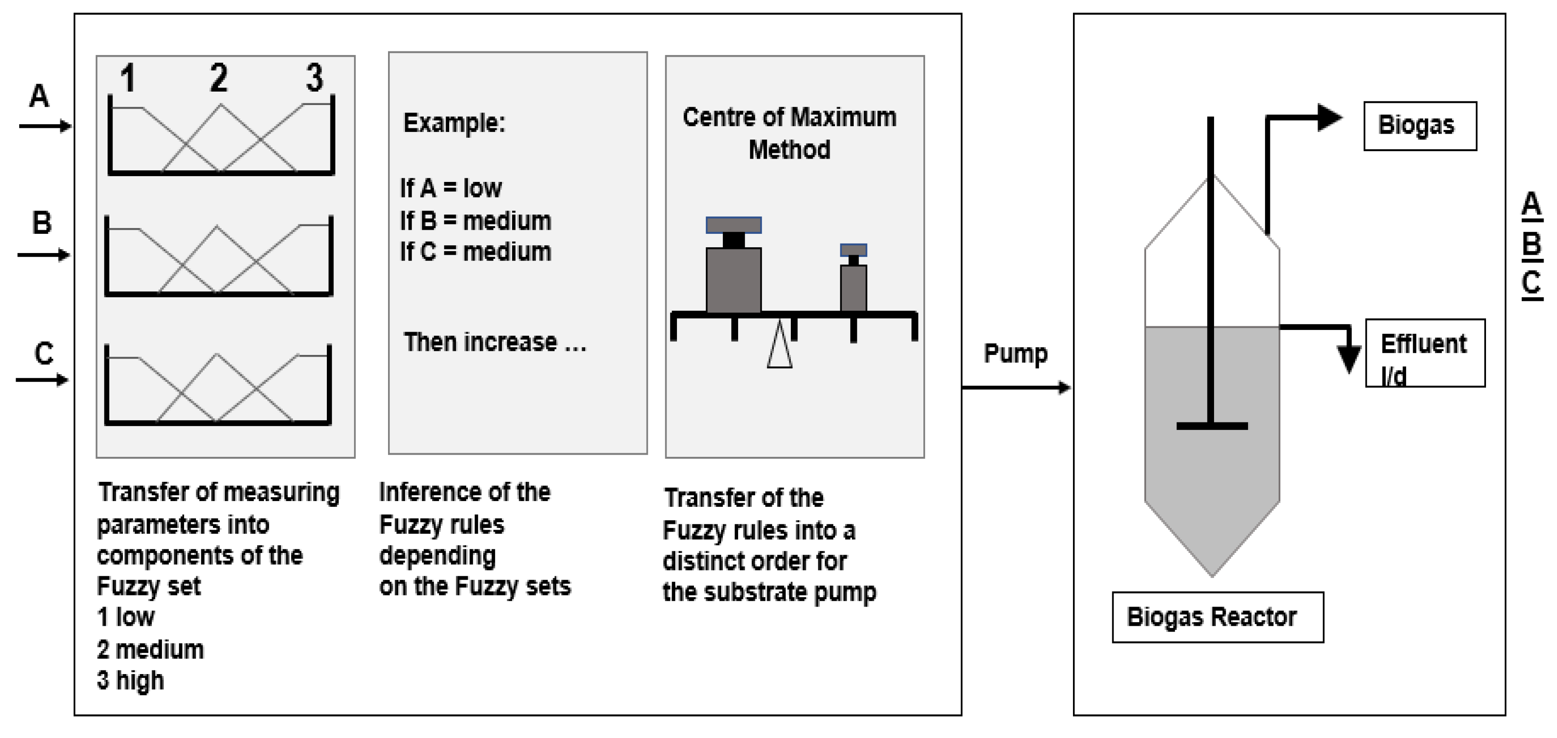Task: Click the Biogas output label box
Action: click(x=1419, y=126)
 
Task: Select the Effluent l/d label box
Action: click(x=1425, y=353)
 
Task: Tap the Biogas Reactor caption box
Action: click(x=1217, y=617)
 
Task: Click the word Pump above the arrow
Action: click(x=1015, y=353)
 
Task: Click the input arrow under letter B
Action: click(x=43, y=255)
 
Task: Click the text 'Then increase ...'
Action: click(x=494, y=342)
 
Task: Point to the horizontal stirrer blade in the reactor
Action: click(x=1211, y=426)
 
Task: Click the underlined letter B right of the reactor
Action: click(x=1531, y=245)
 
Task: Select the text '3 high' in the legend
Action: click(x=130, y=680)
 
